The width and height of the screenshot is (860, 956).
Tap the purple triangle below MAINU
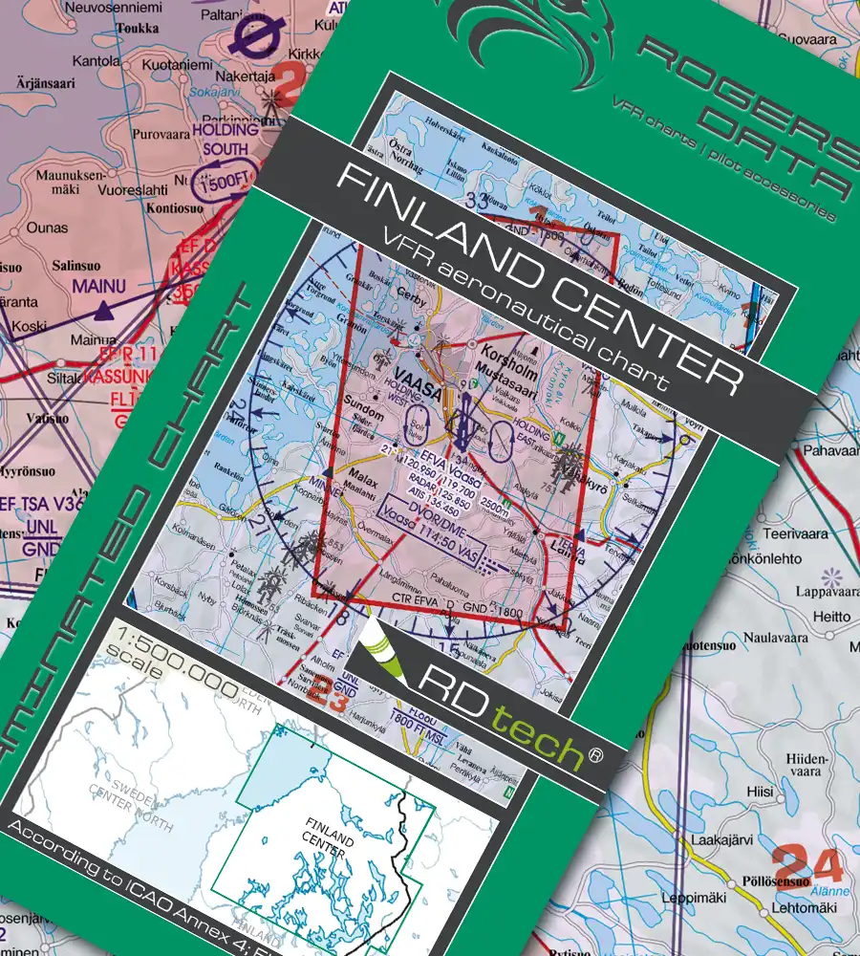tap(104, 309)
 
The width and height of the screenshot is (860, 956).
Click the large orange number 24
tap(806, 865)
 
